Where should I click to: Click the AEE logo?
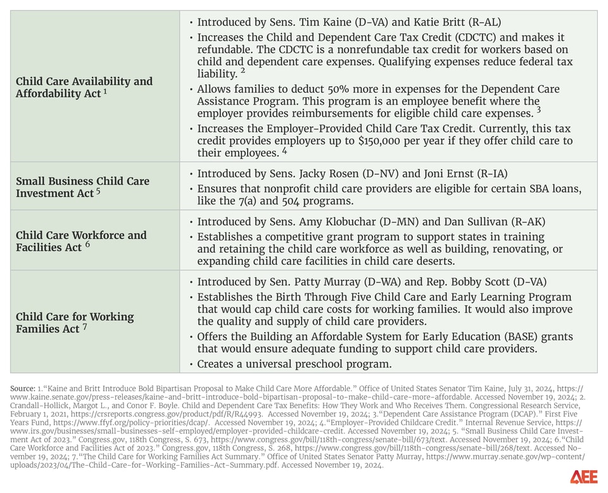coord(583,477)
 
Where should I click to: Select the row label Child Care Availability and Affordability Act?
coord(84,87)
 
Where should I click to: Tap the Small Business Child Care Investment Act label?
coord(82,187)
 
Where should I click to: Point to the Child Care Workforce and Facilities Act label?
coord(81,241)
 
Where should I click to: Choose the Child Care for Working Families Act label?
coord(75,323)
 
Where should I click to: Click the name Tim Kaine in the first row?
coord(315,22)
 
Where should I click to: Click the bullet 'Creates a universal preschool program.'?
coord(294,364)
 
